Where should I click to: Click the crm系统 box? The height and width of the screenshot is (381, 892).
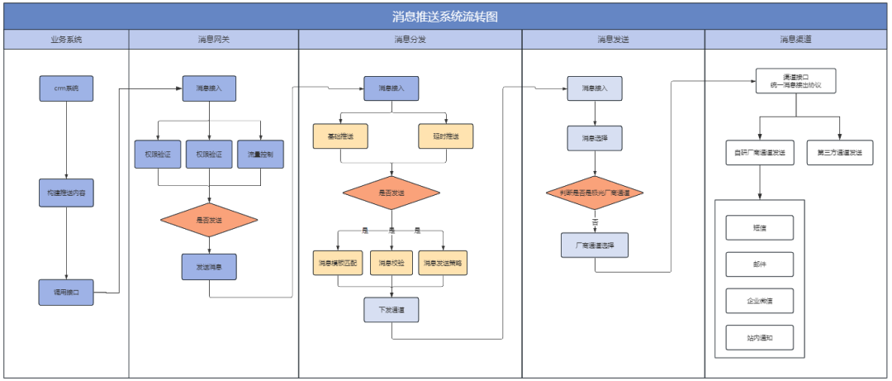(66, 88)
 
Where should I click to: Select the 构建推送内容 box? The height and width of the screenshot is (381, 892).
(66, 192)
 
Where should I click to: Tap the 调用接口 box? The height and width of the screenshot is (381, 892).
(66, 293)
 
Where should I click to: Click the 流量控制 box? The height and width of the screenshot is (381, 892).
(260, 155)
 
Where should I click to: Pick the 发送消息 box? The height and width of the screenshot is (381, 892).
(209, 267)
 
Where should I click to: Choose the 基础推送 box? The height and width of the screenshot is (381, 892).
(339, 136)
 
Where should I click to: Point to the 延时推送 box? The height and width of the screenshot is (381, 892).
(446, 136)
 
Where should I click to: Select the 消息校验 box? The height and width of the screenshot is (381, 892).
(391, 264)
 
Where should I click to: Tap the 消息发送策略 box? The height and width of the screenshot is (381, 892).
(443, 264)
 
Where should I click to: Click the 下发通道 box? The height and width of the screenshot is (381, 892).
(391, 309)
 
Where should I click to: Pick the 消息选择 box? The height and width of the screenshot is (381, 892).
(594, 138)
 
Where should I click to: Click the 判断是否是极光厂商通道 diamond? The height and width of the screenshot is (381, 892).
(594, 193)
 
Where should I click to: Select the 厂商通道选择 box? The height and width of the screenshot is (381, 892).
(594, 245)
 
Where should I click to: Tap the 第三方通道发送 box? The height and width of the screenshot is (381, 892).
(839, 153)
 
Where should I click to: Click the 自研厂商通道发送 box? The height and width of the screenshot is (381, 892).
(759, 153)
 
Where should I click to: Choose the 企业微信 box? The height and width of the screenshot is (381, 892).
(759, 300)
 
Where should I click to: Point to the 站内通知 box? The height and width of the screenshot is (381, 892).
(759, 337)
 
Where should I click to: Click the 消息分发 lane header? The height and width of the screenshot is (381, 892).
(410, 39)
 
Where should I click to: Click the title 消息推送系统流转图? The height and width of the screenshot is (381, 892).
(445, 16)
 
